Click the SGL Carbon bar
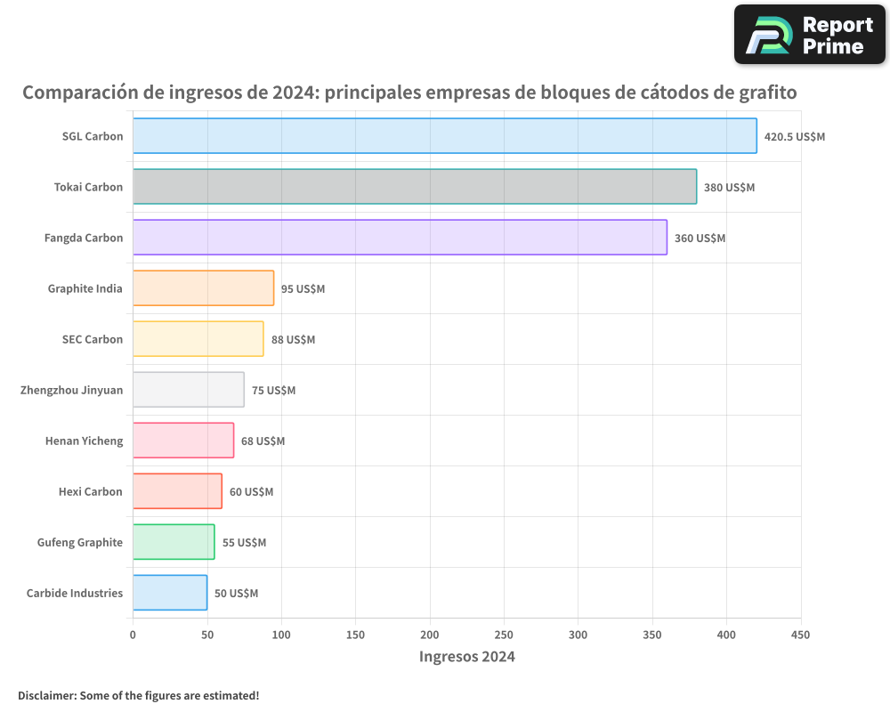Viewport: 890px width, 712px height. click(445, 136)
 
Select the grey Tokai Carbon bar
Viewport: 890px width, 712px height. click(415, 187)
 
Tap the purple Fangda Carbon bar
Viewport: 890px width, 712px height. click(400, 238)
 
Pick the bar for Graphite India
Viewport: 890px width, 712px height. click(204, 288)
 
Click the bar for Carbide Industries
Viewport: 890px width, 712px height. click(170, 593)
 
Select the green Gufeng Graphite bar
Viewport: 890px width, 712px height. click(174, 542)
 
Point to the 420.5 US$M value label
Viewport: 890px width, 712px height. click(795, 137)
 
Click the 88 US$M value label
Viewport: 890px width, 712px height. click(293, 340)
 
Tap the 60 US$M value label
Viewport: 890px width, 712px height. click(251, 492)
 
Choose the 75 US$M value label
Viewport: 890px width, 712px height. click(273, 391)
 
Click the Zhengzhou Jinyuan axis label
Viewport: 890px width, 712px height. click(71, 390)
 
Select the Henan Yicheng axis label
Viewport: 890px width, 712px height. click(84, 441)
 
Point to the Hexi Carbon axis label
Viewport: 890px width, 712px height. click(90, 491)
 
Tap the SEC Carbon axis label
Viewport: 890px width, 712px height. click(93, 339)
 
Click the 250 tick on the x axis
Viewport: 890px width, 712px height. click(504, 635)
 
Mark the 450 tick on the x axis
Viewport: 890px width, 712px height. click(800, 635)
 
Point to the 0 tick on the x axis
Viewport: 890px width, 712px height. click(133, 635)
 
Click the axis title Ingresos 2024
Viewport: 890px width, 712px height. click(466, 657)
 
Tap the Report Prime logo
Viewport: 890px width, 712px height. click(809, 35)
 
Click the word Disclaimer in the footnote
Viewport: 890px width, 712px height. click(46, 695)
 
